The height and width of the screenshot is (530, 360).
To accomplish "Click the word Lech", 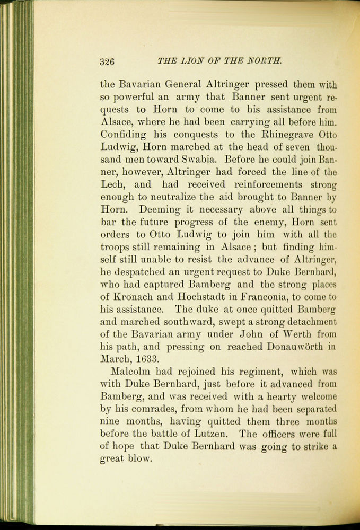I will click(x=113, y=184).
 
